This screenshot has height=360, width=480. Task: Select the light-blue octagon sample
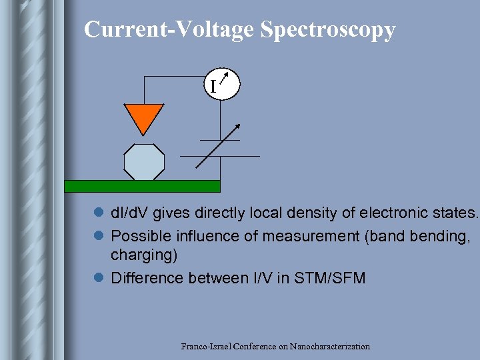click(144, 162)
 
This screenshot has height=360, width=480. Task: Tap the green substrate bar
click(142, 186)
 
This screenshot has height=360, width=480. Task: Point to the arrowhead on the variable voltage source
click(237, 125)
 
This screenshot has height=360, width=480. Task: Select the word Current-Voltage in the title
click(169, 30)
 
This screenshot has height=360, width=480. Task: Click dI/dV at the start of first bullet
click(131, 213)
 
